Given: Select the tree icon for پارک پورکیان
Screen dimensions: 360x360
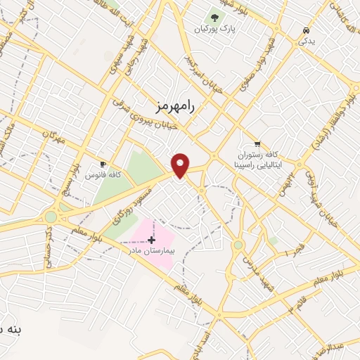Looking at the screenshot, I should tap(214, 17).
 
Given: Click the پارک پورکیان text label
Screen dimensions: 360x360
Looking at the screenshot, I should tap(214, 30).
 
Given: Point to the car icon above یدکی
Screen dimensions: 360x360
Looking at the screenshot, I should tap(306, 31).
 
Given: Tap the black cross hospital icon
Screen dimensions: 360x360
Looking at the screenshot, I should tap(151, 240).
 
